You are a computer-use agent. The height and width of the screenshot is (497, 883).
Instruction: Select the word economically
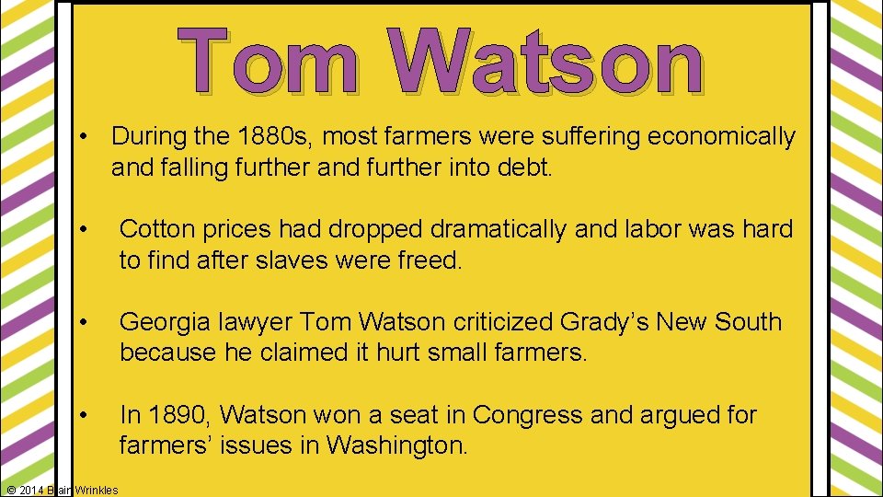point(722,137)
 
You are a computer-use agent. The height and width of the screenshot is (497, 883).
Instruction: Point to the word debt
point(525,168)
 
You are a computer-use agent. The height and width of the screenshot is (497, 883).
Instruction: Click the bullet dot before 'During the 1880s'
point(83,138)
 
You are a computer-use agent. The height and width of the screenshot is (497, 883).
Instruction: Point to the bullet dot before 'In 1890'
point(83,416)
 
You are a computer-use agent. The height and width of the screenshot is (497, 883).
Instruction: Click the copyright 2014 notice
point(61,490)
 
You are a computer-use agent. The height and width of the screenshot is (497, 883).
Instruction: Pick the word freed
point(430,260)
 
